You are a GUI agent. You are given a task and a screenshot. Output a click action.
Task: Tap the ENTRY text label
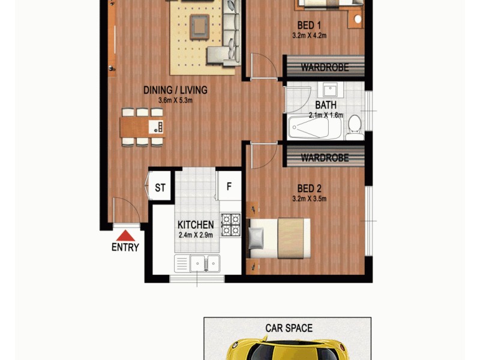click(125, 247)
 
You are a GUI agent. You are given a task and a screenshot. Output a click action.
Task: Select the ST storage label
click(160, 188)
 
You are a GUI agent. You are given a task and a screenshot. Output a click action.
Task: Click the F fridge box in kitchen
click(229, 187)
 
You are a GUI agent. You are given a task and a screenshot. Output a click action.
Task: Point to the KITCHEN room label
click(196, 225)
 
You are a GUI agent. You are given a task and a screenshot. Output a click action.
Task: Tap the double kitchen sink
click(197, 262)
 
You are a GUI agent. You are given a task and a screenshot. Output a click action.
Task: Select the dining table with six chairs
click(142, 127)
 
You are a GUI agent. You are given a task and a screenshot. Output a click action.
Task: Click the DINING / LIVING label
click(175, 91)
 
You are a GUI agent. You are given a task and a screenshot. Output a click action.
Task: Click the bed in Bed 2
click(279, 238)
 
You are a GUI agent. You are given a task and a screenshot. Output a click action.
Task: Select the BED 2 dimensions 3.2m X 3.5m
click(309, 199)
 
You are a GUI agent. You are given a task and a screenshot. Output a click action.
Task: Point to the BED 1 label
click(309, 25)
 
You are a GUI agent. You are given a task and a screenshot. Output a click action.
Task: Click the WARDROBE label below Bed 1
click(325, 67)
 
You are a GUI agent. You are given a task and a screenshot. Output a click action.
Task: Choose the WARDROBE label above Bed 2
click(325, 158)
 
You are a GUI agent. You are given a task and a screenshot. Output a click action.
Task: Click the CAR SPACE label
click(289, 328)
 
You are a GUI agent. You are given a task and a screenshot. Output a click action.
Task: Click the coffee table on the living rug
click(199, 25)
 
